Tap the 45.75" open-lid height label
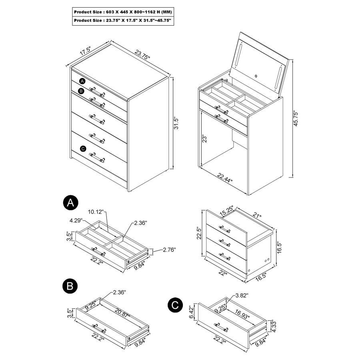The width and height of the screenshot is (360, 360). [x=296, y=119]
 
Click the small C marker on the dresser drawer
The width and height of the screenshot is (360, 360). [x=83, y=148]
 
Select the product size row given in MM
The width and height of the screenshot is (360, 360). [x=123, y=12]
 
